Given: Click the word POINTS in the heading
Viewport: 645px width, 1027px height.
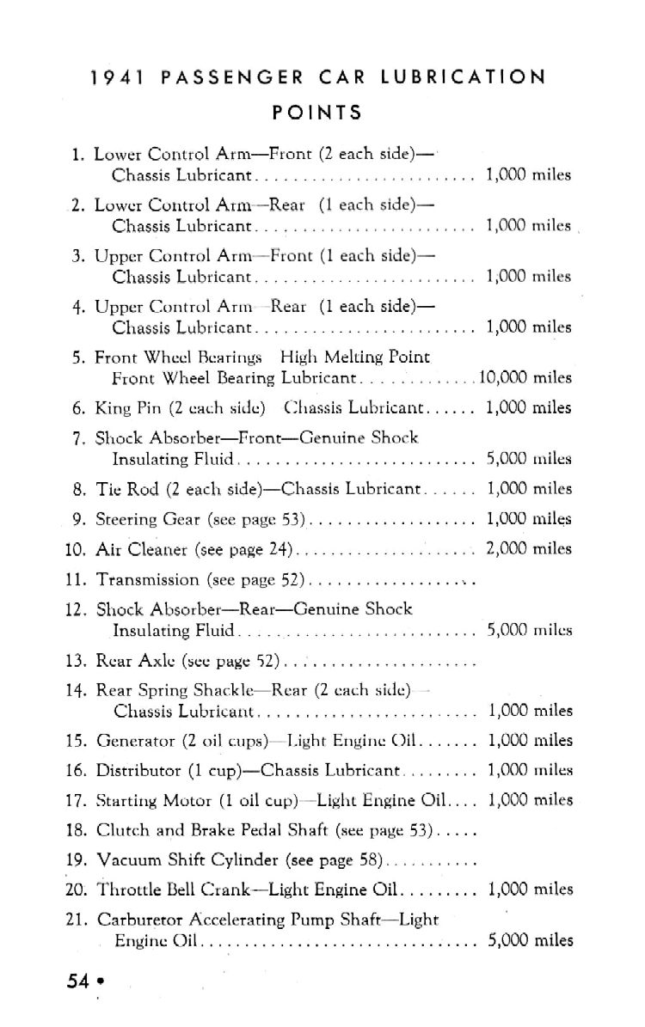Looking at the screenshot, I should click(x=317, y=113).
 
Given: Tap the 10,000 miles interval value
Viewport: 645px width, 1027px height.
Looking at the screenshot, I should click(x=524, y=377).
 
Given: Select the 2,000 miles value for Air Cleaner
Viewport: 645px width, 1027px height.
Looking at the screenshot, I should click(x=529, y=548).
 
